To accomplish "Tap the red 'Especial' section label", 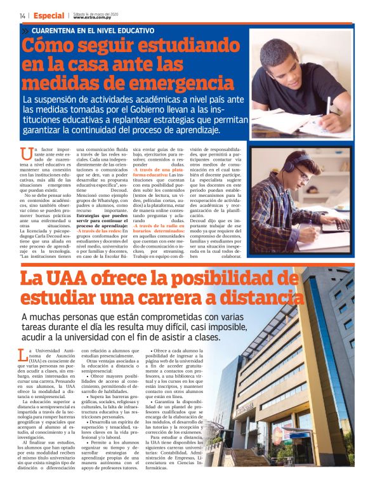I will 49,15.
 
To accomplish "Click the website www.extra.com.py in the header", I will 92,17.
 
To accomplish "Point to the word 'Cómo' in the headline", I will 51,46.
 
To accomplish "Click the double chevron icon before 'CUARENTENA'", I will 25,30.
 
